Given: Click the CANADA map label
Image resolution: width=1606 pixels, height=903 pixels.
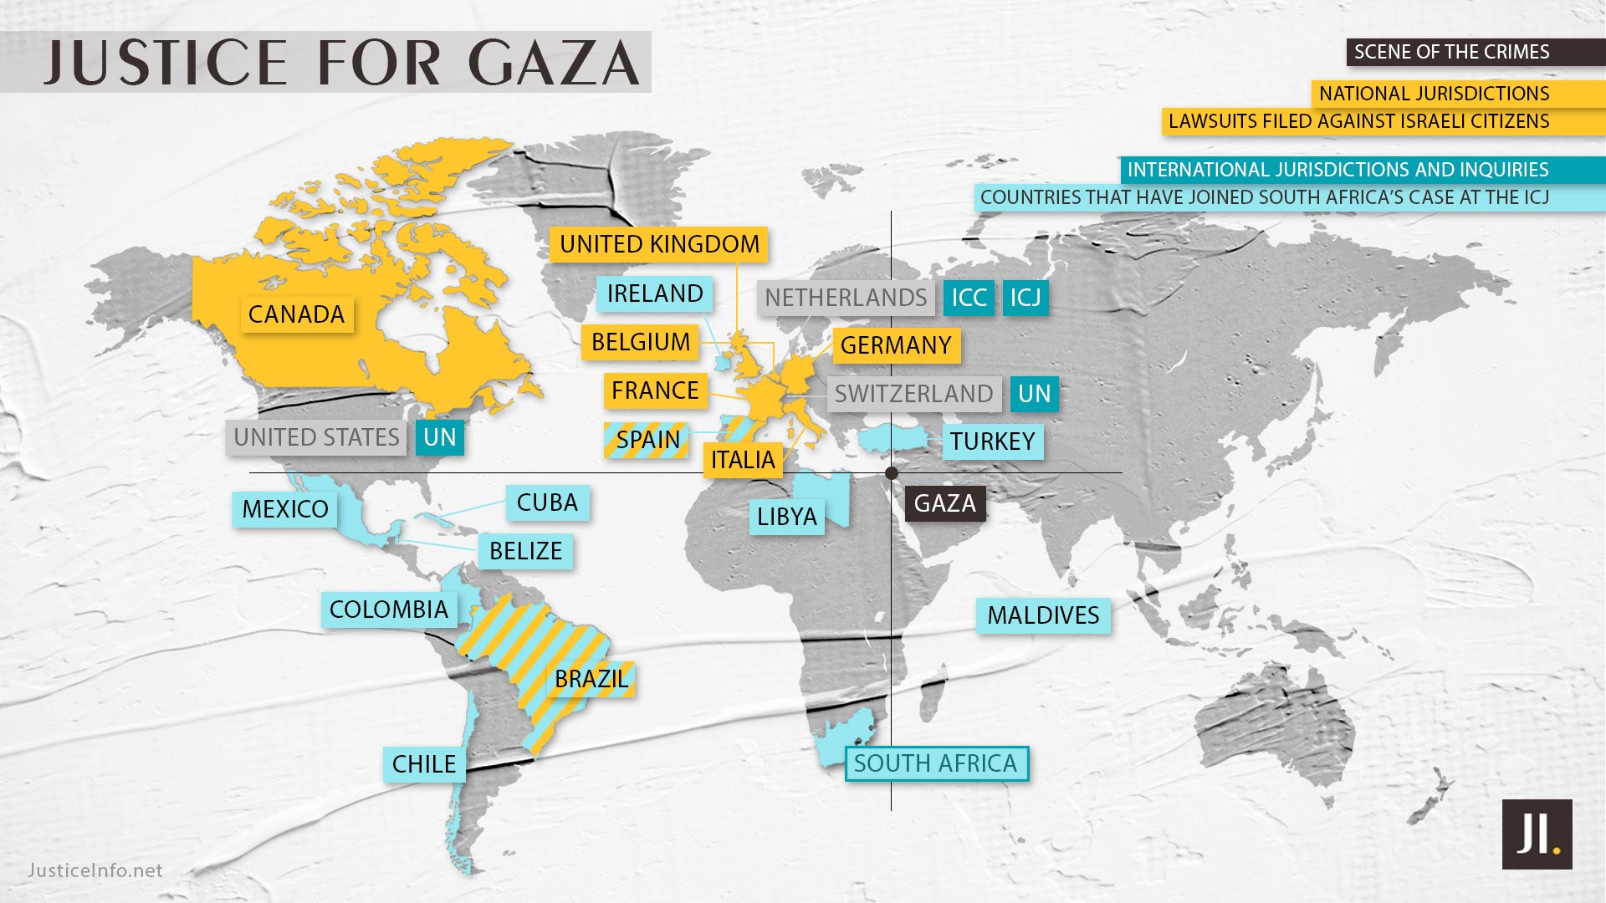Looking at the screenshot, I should coord(296,314).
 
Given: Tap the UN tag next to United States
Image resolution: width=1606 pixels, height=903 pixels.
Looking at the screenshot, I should coord(440,437).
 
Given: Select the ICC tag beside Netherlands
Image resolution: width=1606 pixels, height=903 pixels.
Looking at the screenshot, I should coord(969,298).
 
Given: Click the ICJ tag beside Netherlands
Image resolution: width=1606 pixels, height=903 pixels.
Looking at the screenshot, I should coord(1025,298).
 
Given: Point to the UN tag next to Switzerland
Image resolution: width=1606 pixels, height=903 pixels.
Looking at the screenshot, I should coord(1034,394).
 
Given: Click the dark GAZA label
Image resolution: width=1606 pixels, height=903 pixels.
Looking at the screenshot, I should coord(945,503).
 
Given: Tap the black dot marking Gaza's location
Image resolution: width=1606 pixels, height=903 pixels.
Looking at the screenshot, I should coord(892,473).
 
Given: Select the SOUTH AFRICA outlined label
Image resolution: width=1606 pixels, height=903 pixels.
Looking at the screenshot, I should coord(936,763).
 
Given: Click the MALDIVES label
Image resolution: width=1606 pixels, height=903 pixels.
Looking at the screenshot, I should coord(1043,615).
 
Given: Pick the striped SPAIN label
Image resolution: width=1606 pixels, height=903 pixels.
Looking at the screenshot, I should coord(647,440).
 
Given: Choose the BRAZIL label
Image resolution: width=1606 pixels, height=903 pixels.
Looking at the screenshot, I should coord(591,679).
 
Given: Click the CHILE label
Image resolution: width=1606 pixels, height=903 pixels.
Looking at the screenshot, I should coord(424,764).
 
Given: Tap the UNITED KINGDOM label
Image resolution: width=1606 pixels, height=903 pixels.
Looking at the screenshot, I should coord(659,244).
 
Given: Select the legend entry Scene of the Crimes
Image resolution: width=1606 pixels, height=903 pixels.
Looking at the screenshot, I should coord(1452,52).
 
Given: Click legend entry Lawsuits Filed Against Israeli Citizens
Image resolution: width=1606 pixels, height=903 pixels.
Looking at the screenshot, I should coord(1358,121).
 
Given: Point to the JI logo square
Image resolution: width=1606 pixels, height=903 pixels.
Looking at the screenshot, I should coord(1537,834).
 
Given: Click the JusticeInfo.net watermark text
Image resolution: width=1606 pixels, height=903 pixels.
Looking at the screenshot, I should coord(95,870).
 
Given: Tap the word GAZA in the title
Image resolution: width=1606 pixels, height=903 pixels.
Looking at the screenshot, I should coord(554,64).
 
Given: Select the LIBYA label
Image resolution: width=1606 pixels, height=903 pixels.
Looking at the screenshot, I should coord(786,517).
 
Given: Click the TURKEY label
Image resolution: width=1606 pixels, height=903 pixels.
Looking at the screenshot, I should coord(992,441).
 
